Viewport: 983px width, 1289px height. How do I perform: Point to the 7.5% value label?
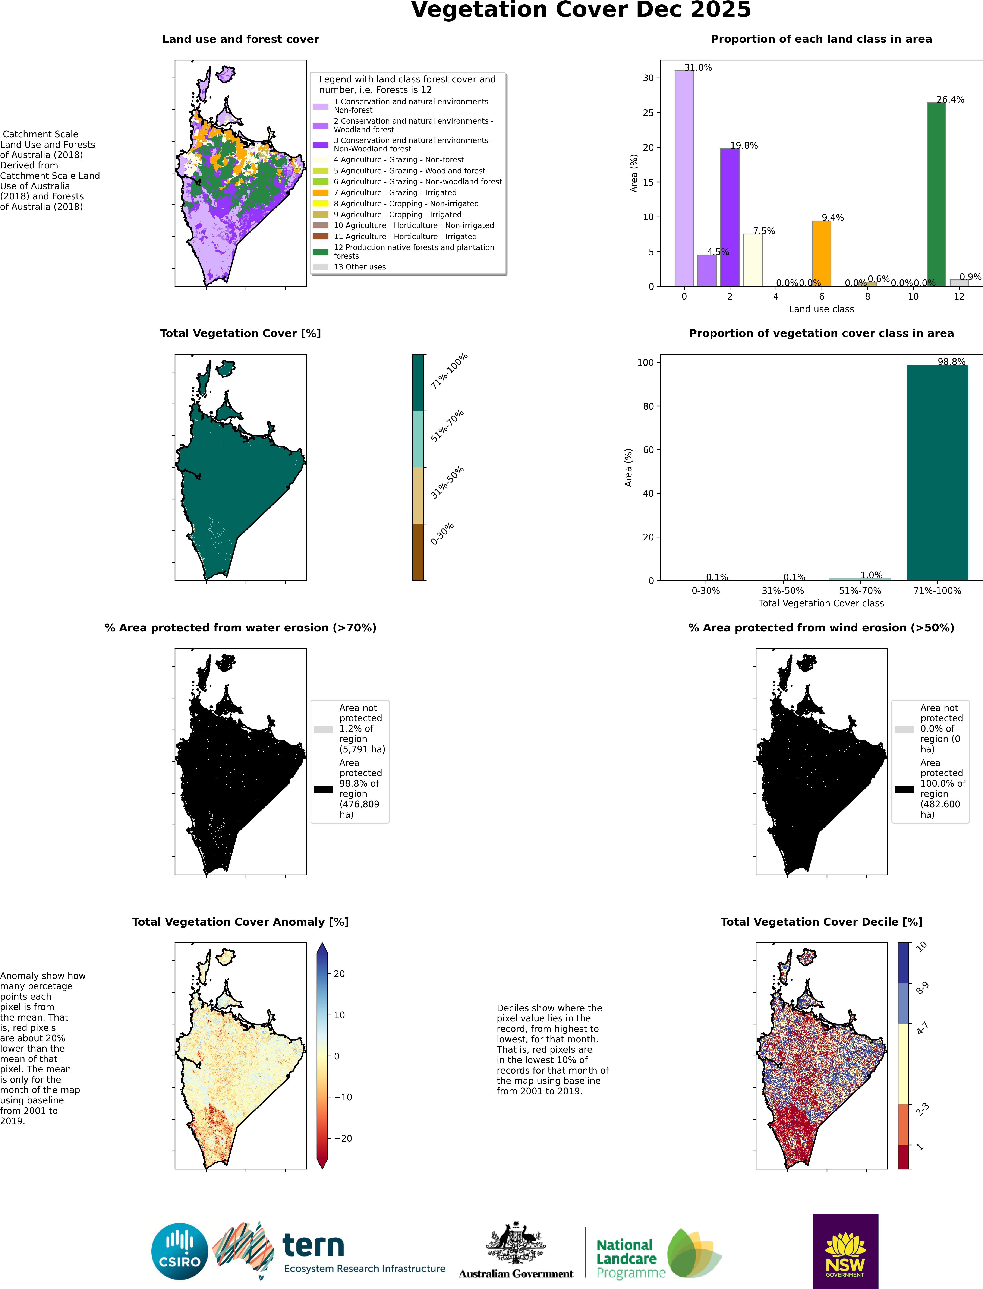764,231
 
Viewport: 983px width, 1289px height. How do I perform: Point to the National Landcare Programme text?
630,1259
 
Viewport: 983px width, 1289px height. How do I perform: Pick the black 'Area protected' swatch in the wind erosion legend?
904,789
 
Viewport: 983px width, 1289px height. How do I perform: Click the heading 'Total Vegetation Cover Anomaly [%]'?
240,922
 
